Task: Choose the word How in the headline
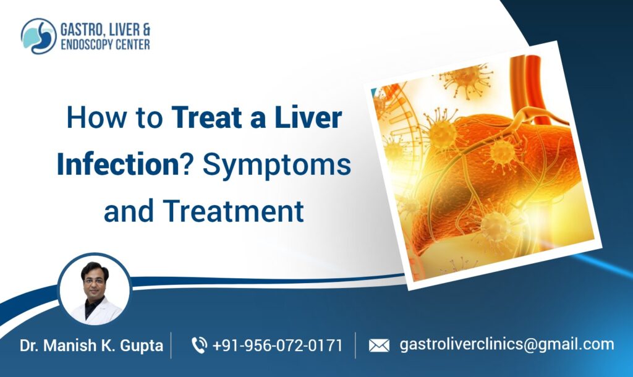[x=91, y=117]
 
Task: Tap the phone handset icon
[x=200, y=345]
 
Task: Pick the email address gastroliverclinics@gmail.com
[x=507, y=344]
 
